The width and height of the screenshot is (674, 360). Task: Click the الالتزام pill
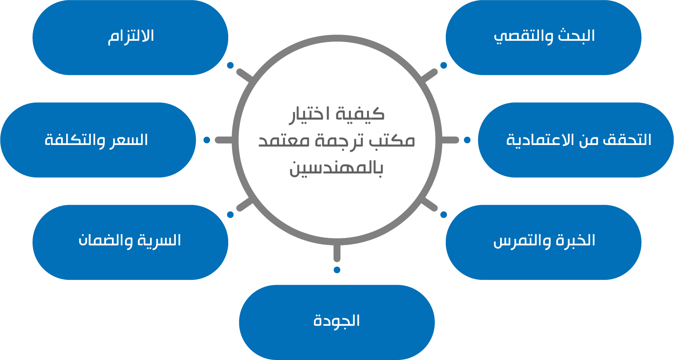130,37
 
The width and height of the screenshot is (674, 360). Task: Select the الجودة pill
337,322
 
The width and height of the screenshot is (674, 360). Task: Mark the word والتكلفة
75,140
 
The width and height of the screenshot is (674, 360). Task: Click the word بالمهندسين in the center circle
336,168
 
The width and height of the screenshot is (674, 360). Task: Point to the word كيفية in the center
360,114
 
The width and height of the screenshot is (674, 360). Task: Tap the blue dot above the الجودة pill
337,270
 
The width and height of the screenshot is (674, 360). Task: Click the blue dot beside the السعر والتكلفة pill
207,140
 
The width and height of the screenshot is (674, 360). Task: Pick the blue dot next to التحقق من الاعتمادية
467,140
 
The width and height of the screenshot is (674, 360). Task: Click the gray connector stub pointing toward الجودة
337,253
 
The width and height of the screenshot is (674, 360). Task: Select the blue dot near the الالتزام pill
230,65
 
